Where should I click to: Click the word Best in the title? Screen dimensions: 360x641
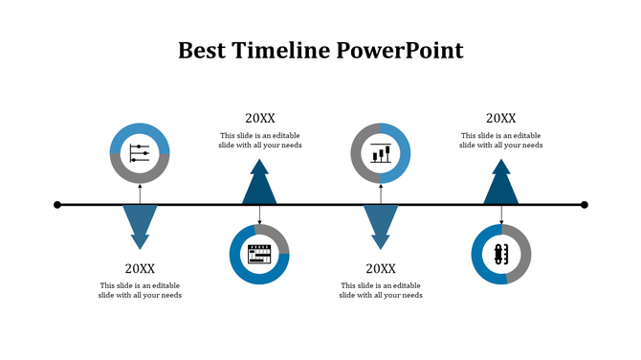pyautogui.click(x=202, y=51)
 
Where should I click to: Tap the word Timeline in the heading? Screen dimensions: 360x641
pyautogui.click(x=278, y=51)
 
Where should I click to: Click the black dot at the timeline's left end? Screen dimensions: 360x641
pyautogui.click(x=57, y=204)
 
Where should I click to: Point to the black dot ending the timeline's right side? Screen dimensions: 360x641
pyautogui.click(x=585, y=204)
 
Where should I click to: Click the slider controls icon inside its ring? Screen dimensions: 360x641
pyautogui.click(x=140, y=153)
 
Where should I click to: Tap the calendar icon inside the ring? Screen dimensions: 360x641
pyautogui.click(x=259, y=255)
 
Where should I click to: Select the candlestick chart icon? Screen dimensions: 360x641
pyautogui.click(x=381, y=153)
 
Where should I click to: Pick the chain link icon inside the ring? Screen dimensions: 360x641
pyautogui.click(x=500, y=255)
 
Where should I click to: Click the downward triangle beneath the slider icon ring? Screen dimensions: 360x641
pyautogui.click(x=140, y=224)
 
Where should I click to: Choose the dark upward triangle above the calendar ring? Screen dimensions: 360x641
pyautogui.click(x=259, y=185)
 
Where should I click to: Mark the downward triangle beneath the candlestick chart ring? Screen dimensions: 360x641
pyautogui.click(x=381, y=224)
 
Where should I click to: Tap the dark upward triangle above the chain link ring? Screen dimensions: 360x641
pyautogui.click(x=500, y=185)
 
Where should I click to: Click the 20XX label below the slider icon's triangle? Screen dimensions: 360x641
pyautogui.click(x=140, y=269)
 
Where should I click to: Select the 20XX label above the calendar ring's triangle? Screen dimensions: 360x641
pyautogui.click(x=259, y=118)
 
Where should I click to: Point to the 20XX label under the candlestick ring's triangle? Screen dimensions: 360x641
pyautogui.click(x=381, y=269)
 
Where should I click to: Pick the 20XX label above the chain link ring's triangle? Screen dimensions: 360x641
pyautogui.click(x=500, y=118)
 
